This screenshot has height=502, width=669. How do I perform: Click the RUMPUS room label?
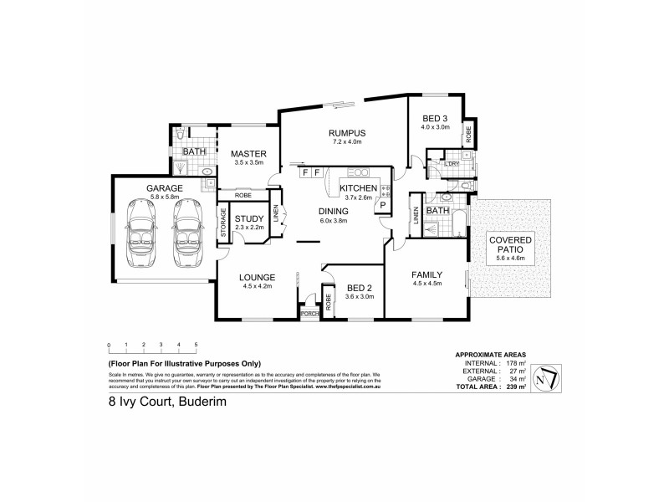click(x=348, y=133)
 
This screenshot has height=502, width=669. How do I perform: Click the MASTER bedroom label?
click(x=249, y=154)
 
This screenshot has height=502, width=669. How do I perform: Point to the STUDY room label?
click(x=248, y=219)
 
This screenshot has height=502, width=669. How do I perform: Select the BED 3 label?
click(x=436, y=118)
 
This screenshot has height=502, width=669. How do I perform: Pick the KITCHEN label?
click(x=357, y=189)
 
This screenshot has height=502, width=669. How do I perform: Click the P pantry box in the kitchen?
click(x=381, y=204)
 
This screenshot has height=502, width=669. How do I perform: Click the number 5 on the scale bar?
click(x=196, y=345)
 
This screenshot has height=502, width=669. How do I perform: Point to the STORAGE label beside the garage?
click(x=224, y=224)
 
